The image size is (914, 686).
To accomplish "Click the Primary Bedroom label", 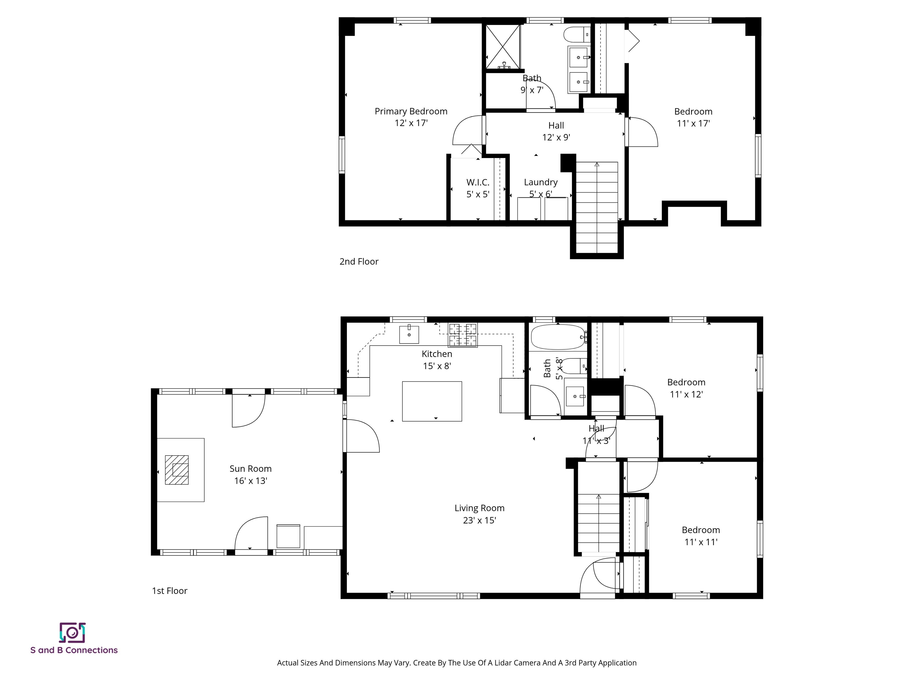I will click(411, 111).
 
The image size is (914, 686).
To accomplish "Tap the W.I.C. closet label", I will click(478, 182).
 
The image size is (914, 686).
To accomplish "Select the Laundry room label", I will click(541, 182).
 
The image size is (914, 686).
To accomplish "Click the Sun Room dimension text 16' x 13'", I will click(251, 481).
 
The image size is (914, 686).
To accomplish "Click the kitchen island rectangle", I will click(432, 401).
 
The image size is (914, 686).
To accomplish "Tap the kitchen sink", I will click(409, 335).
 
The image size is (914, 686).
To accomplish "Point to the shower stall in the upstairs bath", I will click(503, 46).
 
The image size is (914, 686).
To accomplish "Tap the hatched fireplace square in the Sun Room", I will click(177, 470).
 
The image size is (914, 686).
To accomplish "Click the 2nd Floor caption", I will click(359, 261).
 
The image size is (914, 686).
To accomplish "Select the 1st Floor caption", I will click(169, 590).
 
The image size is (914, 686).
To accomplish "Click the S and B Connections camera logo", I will click(72, 633).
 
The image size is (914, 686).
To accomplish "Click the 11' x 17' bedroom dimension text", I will click(693, 123).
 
